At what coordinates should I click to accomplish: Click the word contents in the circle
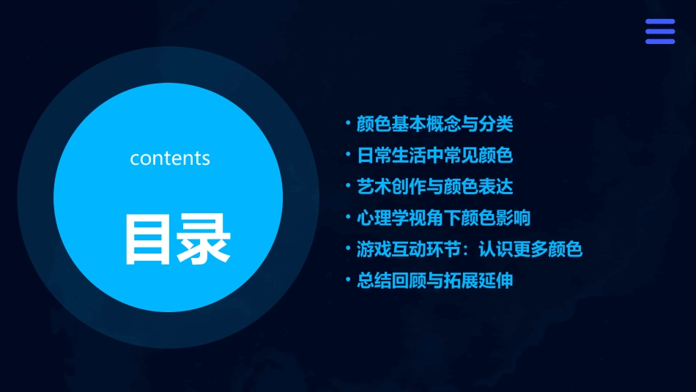pos(170,158)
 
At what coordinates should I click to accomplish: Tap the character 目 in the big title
pos(149,238)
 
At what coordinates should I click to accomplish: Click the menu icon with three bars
pos(659,32)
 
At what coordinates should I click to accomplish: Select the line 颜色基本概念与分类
pos(434,124)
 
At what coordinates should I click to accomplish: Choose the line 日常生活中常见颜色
pos(434,155)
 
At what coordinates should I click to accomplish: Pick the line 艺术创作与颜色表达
pos(434,186)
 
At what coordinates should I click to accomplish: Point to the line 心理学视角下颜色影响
pos(443,218)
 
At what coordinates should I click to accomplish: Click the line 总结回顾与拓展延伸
pos(434,281)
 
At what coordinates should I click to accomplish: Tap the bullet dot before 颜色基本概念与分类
pos(348,122)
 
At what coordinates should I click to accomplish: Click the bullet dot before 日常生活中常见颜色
pos(348,154)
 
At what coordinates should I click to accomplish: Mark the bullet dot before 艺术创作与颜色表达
pos(348,185)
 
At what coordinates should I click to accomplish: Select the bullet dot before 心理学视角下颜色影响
pos(348,217)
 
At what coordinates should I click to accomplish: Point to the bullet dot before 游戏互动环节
pos(348,248)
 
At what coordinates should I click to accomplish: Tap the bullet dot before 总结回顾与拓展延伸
pos(348,280)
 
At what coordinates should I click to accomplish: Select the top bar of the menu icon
pos(659,22)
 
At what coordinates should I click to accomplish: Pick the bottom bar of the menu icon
pos(659,41)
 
